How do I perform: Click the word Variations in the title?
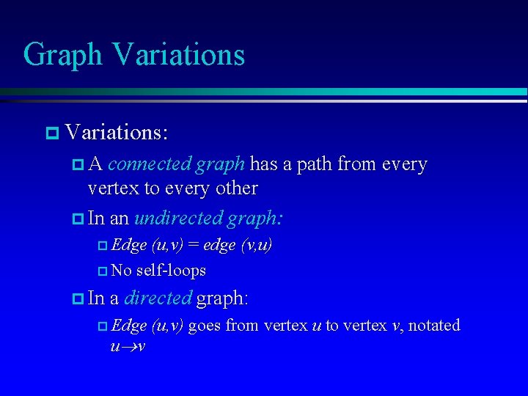tap(178, 55)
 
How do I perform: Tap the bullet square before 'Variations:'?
tap(51, 133)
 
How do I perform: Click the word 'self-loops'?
tap(171, 271)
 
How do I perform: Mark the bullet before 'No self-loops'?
tap(102, 271)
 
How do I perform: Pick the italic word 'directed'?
tap(158, 298)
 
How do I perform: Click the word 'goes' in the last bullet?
tap(205, 325)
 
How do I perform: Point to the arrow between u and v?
tap(128, 345)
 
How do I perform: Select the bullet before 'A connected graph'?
tap(78, 165)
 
